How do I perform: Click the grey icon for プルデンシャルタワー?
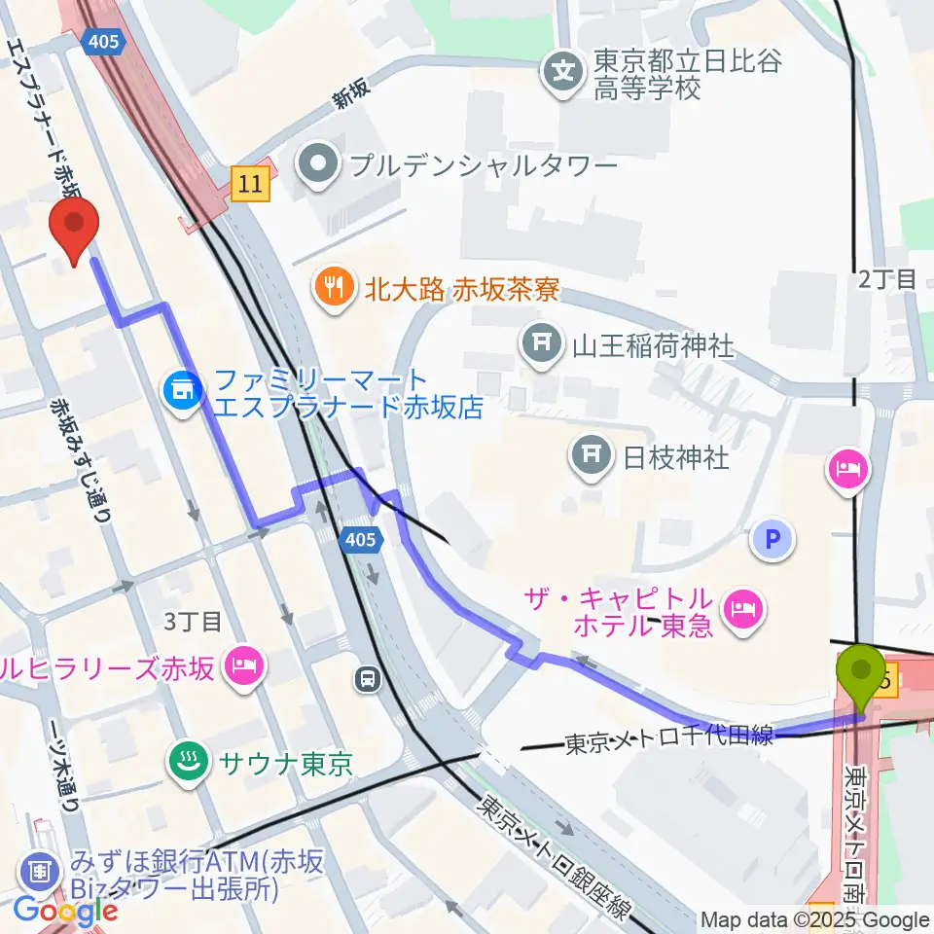tap(317, 164)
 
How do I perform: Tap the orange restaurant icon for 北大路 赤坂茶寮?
tap(333, 288)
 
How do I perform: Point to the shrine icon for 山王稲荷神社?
tap(539, 344)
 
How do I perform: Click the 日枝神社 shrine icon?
tap(590, 454)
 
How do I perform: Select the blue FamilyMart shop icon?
tap(182, 392)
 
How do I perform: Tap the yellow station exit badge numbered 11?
tap(251, 183)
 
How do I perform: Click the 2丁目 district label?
tap(886, 279)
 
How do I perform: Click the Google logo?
tap(66, 911)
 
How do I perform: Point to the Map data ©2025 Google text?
tap(815, 919)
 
